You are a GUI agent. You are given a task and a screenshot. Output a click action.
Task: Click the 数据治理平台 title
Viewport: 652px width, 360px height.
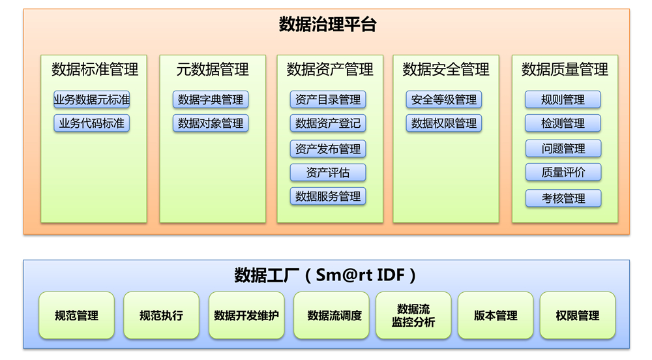327,25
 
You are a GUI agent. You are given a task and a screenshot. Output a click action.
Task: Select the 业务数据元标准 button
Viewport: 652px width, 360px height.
92,100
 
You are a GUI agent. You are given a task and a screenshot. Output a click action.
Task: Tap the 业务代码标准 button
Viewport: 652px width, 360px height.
92,123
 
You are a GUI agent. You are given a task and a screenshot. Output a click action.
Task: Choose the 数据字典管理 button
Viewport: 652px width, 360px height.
211,100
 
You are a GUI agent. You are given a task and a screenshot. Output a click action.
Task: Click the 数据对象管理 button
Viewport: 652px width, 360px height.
211,123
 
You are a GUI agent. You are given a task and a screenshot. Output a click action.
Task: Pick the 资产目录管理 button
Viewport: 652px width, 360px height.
328,100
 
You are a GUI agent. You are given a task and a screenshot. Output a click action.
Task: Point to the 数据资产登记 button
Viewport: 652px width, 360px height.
328,123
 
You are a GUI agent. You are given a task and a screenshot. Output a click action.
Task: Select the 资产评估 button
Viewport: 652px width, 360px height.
328,173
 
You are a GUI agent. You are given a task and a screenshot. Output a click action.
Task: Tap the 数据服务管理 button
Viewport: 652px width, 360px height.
328,196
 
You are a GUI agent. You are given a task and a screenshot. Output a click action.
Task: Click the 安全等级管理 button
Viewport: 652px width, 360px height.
444,100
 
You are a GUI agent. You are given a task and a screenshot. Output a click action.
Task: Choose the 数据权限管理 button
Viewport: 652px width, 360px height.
444,123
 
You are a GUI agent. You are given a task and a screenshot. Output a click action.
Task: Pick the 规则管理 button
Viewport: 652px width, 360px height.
563,100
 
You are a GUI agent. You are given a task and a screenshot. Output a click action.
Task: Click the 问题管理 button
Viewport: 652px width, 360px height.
563,149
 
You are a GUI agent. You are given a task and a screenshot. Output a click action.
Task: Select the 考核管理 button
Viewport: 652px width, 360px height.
563,198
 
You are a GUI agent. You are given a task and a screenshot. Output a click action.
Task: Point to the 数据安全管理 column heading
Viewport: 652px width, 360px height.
446,69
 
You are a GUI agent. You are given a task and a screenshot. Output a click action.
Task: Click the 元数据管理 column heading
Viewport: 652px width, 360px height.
213,69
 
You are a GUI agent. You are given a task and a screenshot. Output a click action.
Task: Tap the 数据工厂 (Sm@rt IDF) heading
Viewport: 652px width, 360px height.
325,275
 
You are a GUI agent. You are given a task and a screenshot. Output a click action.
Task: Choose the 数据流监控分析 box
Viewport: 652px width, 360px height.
413,316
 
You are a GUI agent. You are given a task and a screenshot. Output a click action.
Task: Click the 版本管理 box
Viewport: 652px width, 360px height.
496,316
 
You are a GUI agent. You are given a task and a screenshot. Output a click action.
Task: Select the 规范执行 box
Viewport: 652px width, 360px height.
161,316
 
